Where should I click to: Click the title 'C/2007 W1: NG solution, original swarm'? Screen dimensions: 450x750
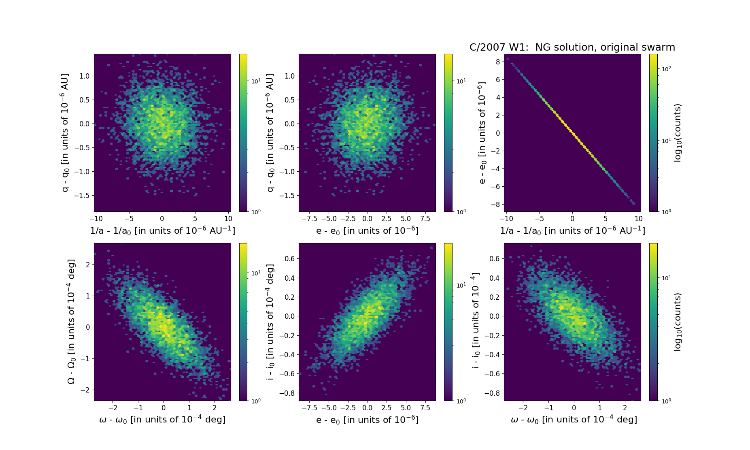(572, 47)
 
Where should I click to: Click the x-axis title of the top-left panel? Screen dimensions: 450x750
(162, 230)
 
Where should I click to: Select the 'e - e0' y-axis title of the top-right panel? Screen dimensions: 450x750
(482, 133)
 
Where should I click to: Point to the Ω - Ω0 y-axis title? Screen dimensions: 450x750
(71, 322)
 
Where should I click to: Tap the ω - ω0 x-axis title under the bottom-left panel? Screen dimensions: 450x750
(162, 420)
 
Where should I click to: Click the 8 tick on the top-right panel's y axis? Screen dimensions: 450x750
(497, 62)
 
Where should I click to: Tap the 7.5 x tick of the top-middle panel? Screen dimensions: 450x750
(425, 219)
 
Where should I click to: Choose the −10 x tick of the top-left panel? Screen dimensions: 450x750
(96, 219)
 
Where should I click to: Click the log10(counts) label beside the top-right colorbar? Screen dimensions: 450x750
(678, 133)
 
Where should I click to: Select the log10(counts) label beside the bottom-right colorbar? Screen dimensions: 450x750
(678, 322)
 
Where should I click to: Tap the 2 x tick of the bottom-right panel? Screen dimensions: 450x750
(625, 408)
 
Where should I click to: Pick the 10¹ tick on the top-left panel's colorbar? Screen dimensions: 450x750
(256, 81)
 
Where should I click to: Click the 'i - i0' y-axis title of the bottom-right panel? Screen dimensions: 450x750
(476, 320)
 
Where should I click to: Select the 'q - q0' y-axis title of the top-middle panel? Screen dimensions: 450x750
(270, 133)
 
